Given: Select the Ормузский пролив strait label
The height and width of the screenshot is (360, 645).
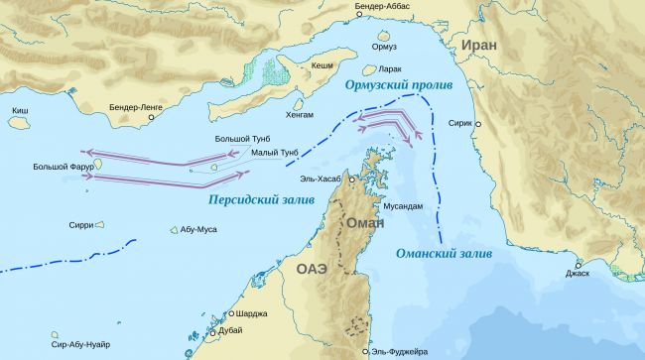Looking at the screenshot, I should coord(398,87).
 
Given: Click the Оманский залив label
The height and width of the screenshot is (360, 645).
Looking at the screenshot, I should coord(444,254).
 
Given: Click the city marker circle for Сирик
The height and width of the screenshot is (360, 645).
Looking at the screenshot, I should coord(478,125).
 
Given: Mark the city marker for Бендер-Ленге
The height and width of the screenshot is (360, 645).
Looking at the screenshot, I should coord(151,117).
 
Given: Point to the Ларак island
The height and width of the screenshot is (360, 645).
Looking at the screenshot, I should coord(370,69).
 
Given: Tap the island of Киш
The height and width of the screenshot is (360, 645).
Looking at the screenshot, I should coord(17,123).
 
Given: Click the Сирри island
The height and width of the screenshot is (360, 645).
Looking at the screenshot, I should coord(100,224).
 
